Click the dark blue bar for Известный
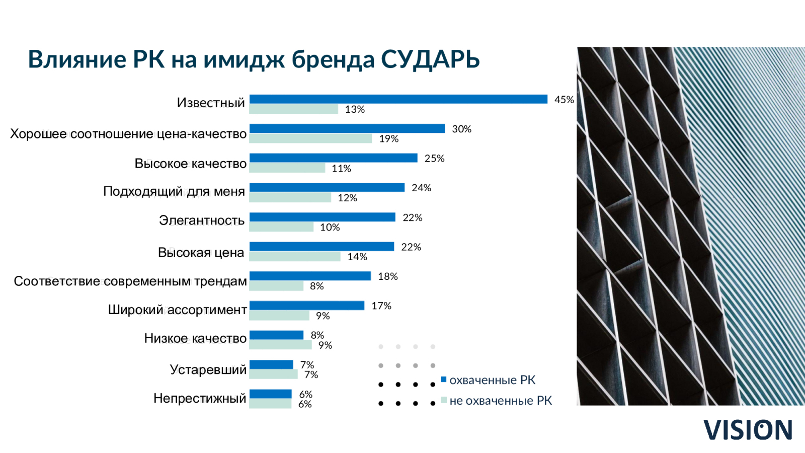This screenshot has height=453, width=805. pyautogui.click(x=398, y=99)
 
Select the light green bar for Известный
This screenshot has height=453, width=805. pyautogui.click(x=294, y=109)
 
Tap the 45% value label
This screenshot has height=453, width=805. pyautogui.click(x=564, y=100)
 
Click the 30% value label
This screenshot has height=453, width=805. pyautogui.click(x=461, y=129)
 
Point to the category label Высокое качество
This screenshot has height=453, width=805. pyautogui.click(x=191, y=163)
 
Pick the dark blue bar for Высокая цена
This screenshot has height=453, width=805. pyautogui.click(x=321, y=247)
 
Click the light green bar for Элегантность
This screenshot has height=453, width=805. pyautogui.click(x=281, y=227)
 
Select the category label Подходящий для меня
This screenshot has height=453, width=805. pyautogui.click(x=174, y=191)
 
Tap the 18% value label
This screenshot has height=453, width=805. pyautogui.click(x=388, y=276)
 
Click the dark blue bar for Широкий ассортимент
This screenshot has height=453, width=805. pyautogui.click(x=307, y=306)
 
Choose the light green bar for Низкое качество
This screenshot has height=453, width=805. pyautogui.click(x=280, y=345)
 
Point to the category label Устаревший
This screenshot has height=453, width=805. pyautogui.click(x=208, y=369)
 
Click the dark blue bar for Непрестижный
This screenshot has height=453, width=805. pyautogui.click(x=270, y=394)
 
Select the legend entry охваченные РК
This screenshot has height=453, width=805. pyautogui.click(x=489, y=380)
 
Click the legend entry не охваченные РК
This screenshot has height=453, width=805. pyautogui.click(x=496, y=401)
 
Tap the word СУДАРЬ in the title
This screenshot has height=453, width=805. pyautogui.click(x=430, y=59)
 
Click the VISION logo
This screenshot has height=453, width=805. pyautogui.click(x=748, y=430)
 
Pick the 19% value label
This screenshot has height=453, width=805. pyautogui.click(x=389, y=139)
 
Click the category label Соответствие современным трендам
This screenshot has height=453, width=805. pyautogui.click(x=130, y=281)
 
